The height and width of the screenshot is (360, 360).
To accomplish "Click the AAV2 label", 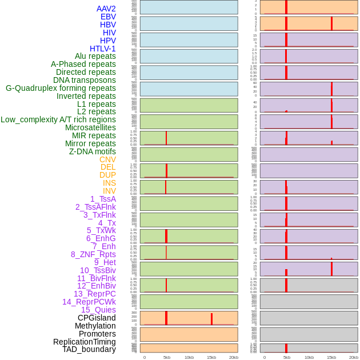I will click(x=106, y=9).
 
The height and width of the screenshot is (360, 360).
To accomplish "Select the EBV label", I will click(x=107, y=17).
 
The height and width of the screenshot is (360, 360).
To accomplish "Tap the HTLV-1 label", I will click(x=102, y=49).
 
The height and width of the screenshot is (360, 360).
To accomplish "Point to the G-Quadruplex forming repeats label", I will click(x=61, y=88).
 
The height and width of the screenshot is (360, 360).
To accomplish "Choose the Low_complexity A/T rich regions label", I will click(x=58, y=119).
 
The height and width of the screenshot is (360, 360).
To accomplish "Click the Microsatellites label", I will click(x=90, y=127).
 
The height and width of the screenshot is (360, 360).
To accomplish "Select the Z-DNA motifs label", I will click(x=92, y=151).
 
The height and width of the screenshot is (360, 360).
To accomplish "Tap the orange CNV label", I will click(x=107, y=159).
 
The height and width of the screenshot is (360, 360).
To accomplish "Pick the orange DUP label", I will click(x=107, y=175).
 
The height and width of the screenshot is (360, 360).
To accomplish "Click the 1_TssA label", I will click(x=103, y=199).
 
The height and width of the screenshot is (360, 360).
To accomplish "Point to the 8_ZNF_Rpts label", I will click(x=93, y=254).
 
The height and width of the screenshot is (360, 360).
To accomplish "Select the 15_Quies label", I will click(x=98, y=310).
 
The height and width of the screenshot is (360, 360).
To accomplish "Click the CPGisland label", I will click(x=97, y=318).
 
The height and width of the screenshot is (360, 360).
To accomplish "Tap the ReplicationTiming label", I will click(x=84, y=342).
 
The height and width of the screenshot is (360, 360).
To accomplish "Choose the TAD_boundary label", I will click(x=89, y=349).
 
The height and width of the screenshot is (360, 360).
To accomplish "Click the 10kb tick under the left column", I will click(x=189, y=357).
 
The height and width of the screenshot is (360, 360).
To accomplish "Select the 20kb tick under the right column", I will click(x=354, y=357).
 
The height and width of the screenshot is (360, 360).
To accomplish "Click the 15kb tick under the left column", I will click(x=211, y=357).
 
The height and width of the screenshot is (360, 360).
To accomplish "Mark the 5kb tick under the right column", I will click(x=287, y=357).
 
